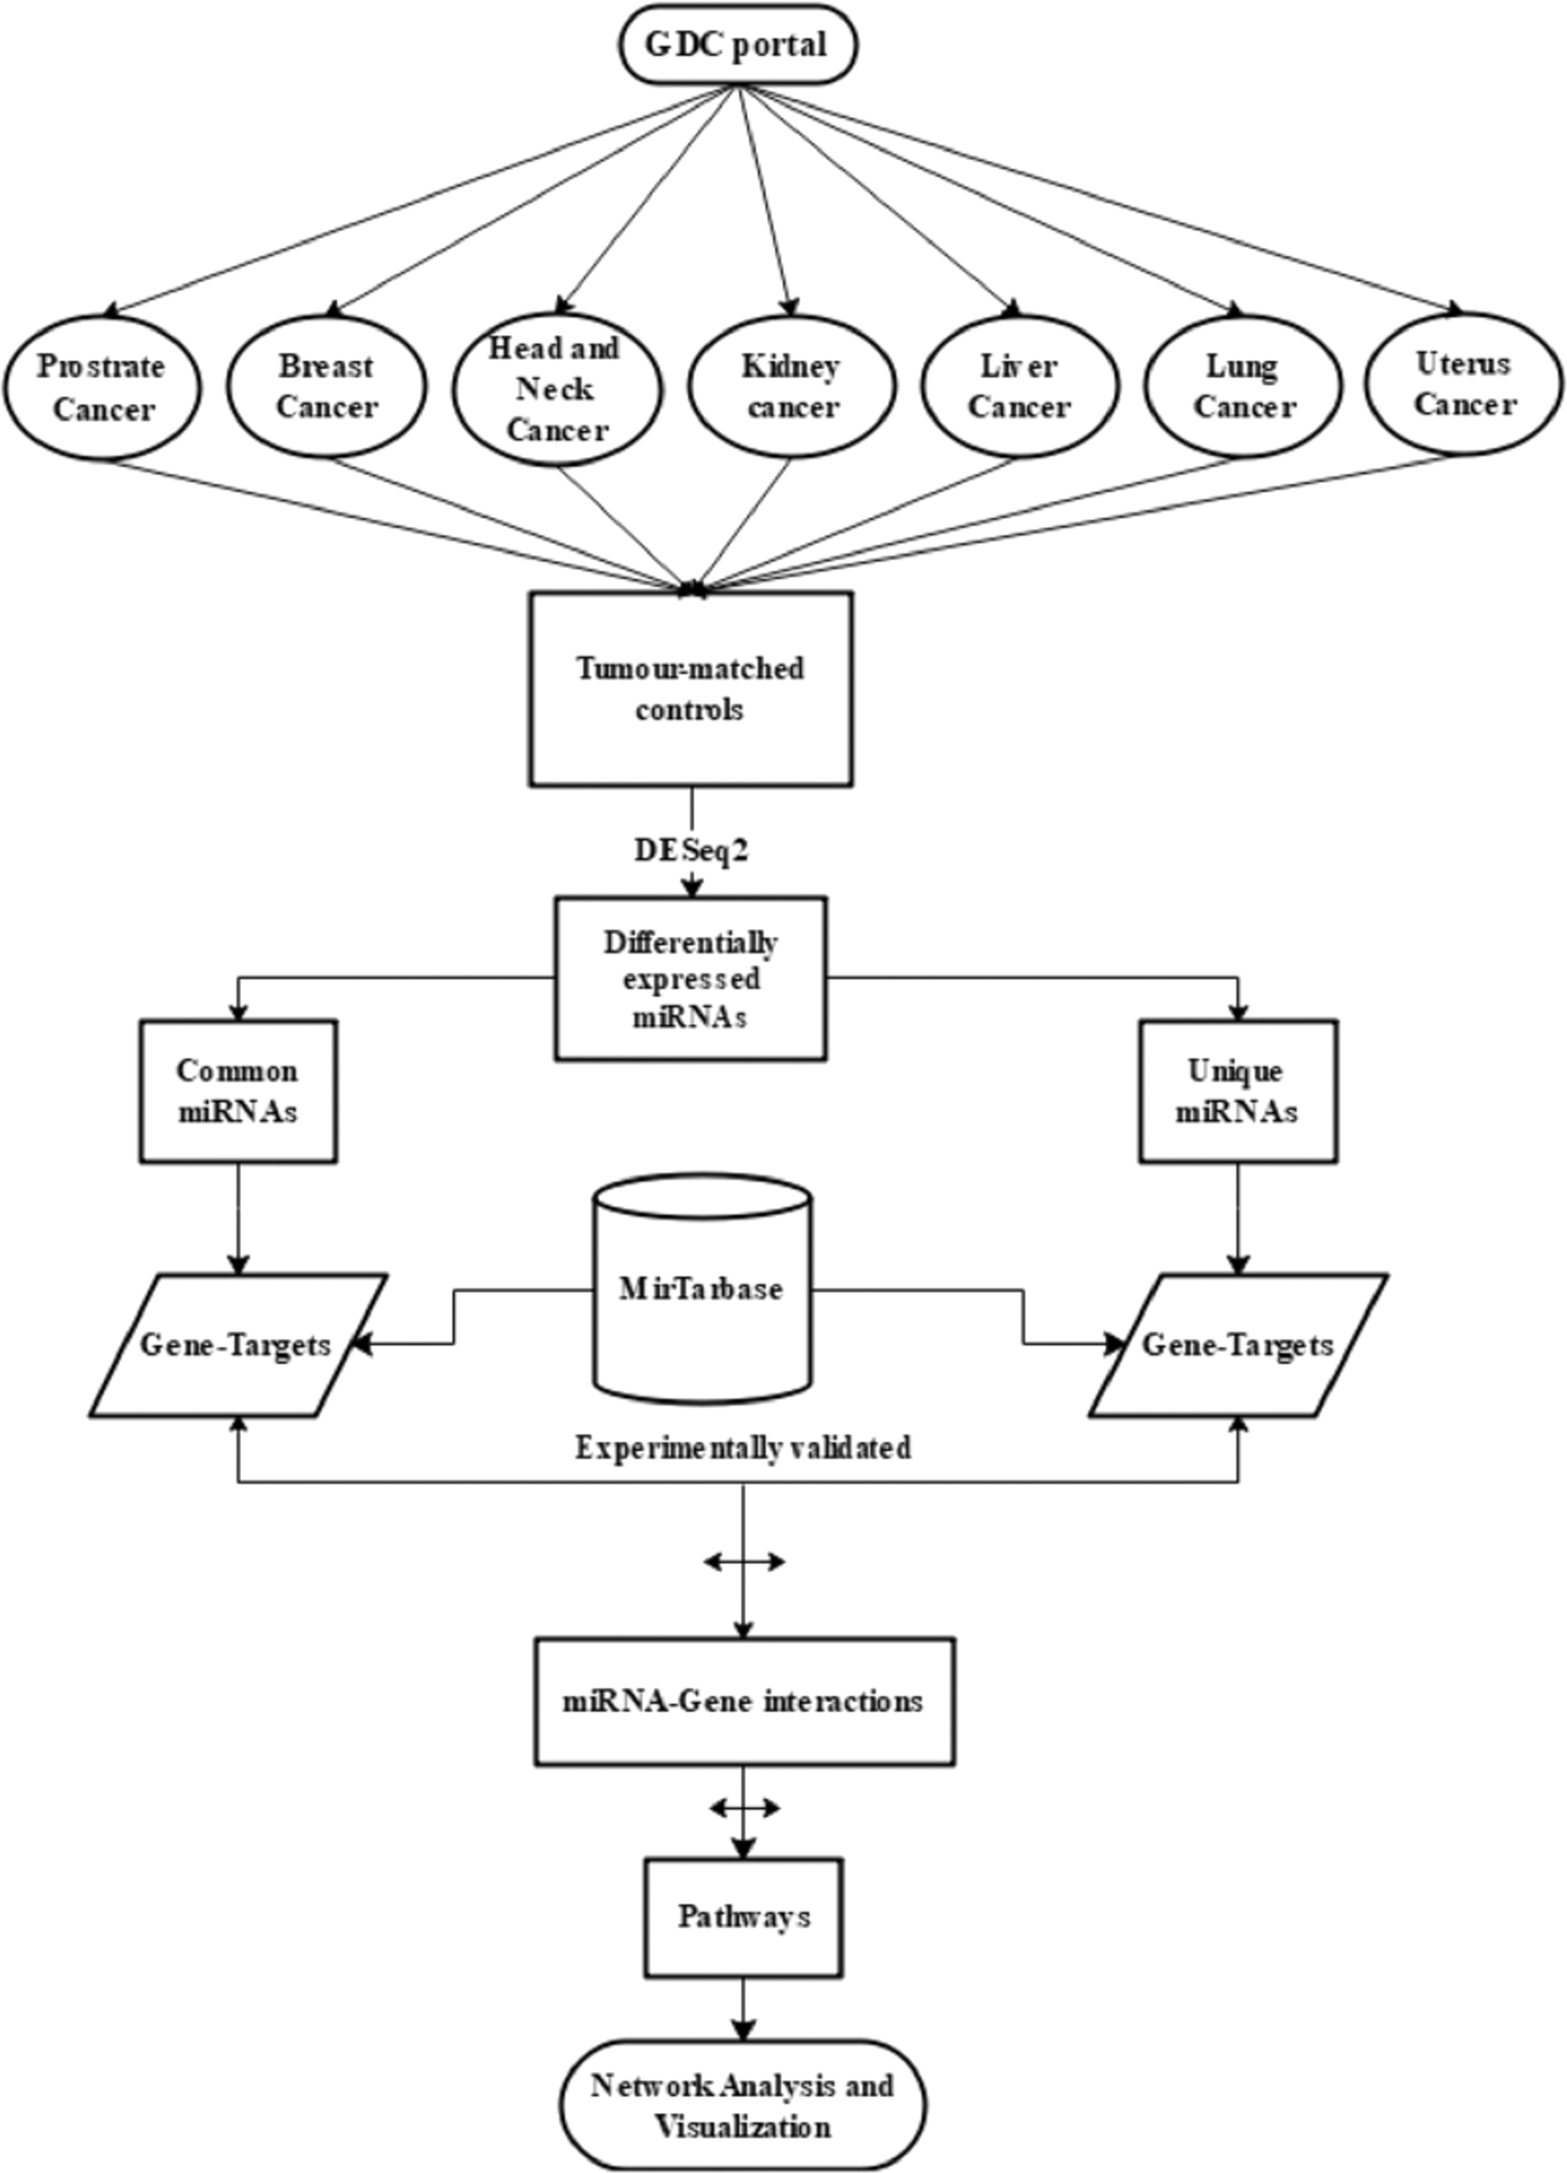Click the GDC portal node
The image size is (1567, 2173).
[x=735, y=45]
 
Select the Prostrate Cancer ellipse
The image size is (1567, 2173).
[x=102, y=388]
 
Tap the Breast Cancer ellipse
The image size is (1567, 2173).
[x=327, y=386]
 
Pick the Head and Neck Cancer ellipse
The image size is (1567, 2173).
[x=555, y=389]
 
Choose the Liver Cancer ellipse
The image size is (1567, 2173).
[x=1019, y=386]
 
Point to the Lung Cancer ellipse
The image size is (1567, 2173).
[x=1242, y=386]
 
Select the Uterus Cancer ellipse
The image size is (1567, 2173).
[x=1463, y=383]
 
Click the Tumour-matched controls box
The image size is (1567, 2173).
[x=691, y=689]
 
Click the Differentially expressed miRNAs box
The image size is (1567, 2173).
[x=691, y=978]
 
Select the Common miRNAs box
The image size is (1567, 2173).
[x=237, y=1091]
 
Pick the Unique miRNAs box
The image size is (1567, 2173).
[x=1237, y=1091]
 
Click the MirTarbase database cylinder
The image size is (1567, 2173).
[x=702, y=1289]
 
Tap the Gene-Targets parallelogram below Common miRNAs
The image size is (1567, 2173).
[x=236, y=1345]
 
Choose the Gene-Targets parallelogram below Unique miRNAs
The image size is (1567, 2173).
[x=1237, y=1345]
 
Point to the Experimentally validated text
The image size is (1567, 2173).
[x=742, y=1448]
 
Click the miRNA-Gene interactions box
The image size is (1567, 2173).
[x=743, y=1700]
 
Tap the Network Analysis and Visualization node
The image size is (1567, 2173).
[x=743, y=2104]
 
